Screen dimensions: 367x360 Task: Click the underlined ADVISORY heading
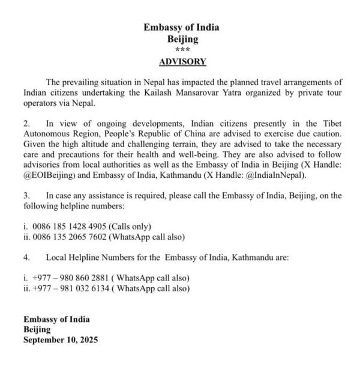point(182,62)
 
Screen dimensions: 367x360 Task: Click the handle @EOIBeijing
point(50,175)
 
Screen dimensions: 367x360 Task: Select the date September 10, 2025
point(61,340)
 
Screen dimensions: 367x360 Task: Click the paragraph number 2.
point(26,123)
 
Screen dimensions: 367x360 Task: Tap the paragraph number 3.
point(26,195)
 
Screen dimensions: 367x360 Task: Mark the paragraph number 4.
point(26,257)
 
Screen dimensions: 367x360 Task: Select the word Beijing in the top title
point(182,39)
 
